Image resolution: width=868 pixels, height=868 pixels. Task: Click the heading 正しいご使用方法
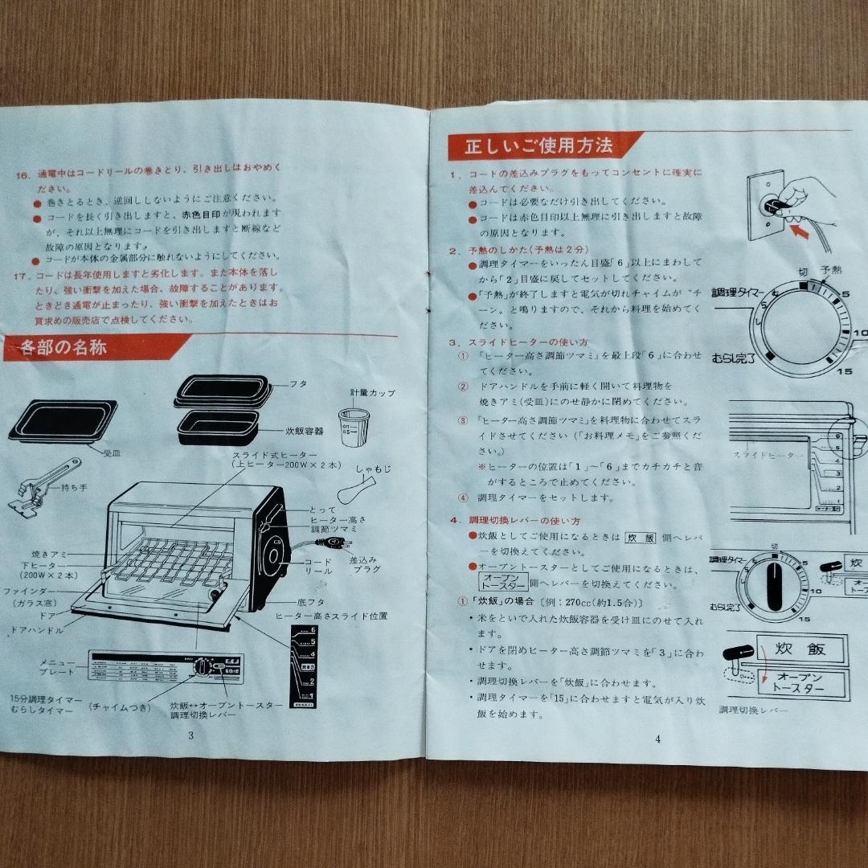pos(539,146)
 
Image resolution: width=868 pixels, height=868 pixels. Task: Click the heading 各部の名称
pos(63,349)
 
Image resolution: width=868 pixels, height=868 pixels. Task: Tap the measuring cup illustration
pos(354,426)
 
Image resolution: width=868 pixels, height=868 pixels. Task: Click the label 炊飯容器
pos(304,431)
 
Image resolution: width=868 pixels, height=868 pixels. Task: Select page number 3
pos(190,735)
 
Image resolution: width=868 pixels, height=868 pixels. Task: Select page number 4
pos(657,739)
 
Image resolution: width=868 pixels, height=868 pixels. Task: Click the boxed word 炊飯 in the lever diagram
pos(801,648)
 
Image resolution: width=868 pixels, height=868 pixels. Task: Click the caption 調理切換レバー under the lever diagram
pos(753,710)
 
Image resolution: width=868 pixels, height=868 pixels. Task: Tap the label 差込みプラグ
pos(364,563)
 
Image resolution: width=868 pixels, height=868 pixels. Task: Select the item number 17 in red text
pos(22,275)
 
